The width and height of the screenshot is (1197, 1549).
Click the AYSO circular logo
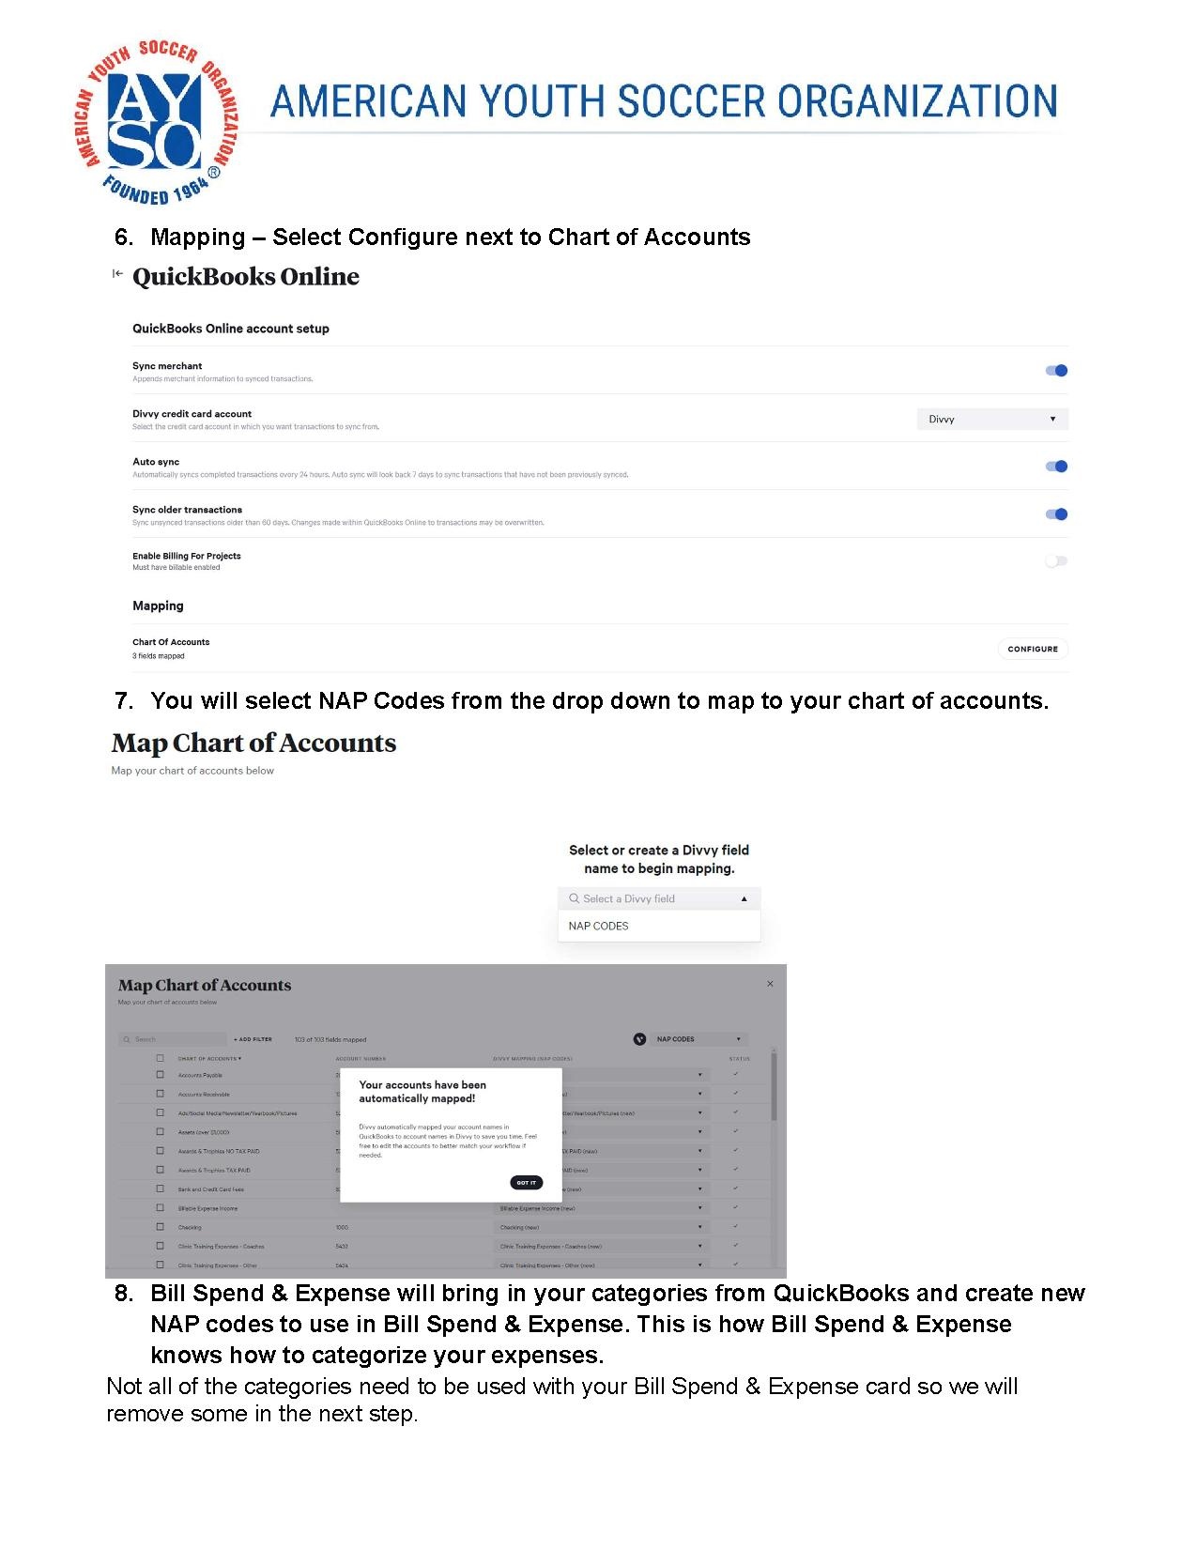click(156, 122)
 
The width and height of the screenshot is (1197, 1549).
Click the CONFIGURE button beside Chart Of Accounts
click(1032, 649)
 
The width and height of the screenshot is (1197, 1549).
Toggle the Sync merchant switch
click(1056, 371)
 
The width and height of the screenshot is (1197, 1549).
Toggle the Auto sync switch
click(1056, 467)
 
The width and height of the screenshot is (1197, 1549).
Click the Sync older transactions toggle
click(1056, 514)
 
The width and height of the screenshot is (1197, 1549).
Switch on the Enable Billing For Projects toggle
click(1056, 561)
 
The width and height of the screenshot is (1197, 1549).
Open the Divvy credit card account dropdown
click(991, 420)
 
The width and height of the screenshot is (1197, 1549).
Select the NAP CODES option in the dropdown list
click(599, 926)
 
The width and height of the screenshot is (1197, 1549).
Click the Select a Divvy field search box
click(658, 898)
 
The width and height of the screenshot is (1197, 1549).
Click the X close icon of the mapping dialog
click(770, 984)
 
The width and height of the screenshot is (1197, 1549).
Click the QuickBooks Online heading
click(246, 277)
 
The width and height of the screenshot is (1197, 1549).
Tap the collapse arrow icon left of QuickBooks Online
click(117, 273)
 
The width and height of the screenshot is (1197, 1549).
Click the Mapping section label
click(158, 606)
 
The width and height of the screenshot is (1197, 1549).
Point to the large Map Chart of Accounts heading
click(253, 744)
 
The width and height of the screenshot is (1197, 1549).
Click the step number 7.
click(123, 701)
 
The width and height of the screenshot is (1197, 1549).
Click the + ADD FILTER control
click(253, 1039)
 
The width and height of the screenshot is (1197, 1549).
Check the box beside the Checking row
click(160, 1227)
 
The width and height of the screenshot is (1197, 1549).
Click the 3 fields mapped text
click(159, 656)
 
